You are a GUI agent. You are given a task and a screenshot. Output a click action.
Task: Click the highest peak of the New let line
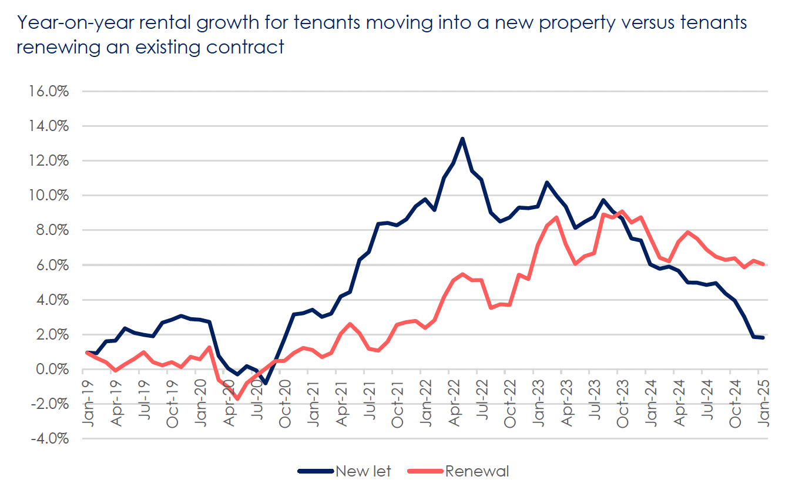462,139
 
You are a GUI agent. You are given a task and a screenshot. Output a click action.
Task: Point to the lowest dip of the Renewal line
237,399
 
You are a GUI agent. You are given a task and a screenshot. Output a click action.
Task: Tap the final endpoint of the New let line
763,337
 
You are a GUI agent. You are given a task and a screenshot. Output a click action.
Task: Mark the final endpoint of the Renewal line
763,264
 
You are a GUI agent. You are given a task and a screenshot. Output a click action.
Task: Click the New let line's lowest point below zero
266,383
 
